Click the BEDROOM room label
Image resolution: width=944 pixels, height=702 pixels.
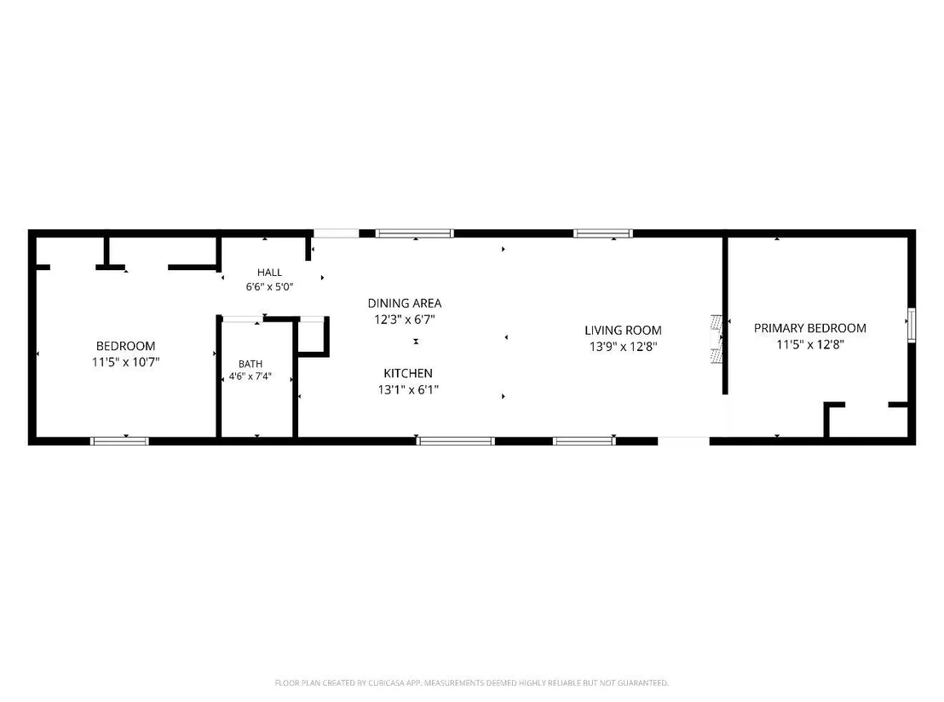point(126,346)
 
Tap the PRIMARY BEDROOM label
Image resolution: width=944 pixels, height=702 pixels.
point(809,328)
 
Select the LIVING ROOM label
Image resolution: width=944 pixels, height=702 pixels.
point(623,330)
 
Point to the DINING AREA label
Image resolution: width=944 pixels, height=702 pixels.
point(405,302)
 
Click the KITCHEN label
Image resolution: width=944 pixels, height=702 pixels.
point(408,373)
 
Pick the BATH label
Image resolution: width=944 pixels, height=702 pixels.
point(250,364)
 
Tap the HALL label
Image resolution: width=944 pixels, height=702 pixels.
point(270,272)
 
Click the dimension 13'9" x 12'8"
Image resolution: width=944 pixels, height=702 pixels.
point(623,346)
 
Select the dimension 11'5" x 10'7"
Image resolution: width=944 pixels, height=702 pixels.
point(126,362)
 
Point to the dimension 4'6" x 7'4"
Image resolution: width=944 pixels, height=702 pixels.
point(250,377)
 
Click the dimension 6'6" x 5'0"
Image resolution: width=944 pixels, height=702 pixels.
point(270,286)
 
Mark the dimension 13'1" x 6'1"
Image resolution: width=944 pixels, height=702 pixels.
point(408,389)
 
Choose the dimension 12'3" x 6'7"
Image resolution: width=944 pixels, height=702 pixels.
point(405,319)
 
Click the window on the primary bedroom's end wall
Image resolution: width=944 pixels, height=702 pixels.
point(912,325)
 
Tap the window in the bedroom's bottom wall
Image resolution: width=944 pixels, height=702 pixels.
point(119,441)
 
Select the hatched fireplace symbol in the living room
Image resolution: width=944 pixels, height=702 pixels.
point(717,339)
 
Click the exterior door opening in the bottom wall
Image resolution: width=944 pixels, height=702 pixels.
point(683,441)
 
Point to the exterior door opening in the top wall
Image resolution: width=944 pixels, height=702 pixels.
point(336,233)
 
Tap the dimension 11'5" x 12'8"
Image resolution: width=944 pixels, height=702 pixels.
point(810,344)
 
